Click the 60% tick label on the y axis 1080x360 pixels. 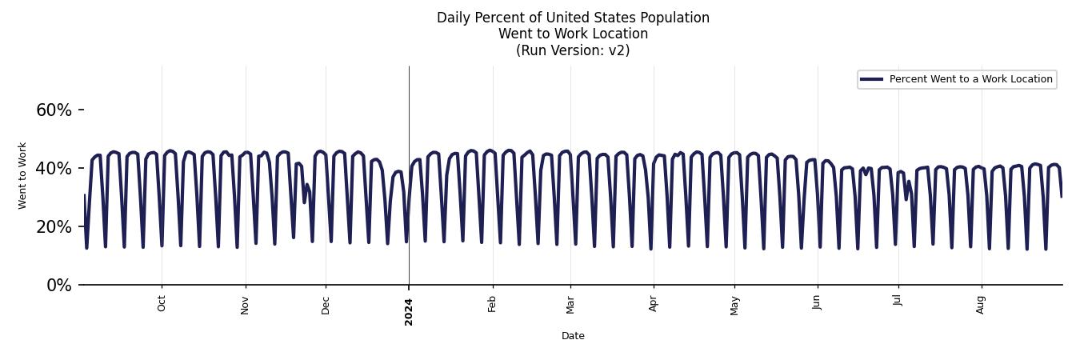(x=54, y=110)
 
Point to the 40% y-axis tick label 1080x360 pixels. (x=54, y=169)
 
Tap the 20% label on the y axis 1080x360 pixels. (x=54, y=227)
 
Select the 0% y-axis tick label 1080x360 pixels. (x=58, y=286)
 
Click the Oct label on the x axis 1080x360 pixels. (x=162, y=304)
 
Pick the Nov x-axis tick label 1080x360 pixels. (x=246, y=305)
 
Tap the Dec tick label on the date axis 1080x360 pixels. (x=326, y=305)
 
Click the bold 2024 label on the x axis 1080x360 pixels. (x=409, y=310)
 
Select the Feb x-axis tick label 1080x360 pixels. (x=493, y=304)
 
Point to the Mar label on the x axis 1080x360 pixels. (x=570, y=305)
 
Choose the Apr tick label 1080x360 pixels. (x=654, y=304)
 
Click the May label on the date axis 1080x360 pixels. (x=735, y=306)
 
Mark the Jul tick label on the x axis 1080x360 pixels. (x=898, y=301)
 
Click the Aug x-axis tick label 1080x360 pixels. (x=982, y=305)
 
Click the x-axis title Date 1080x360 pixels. (x=573, y=336)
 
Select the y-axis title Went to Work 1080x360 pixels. (x=22, y=176)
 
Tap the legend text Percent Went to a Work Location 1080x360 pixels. (x=970, y=79)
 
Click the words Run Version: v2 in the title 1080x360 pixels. (x=573, y=50)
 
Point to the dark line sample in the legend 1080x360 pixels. (x=872, y=79)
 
